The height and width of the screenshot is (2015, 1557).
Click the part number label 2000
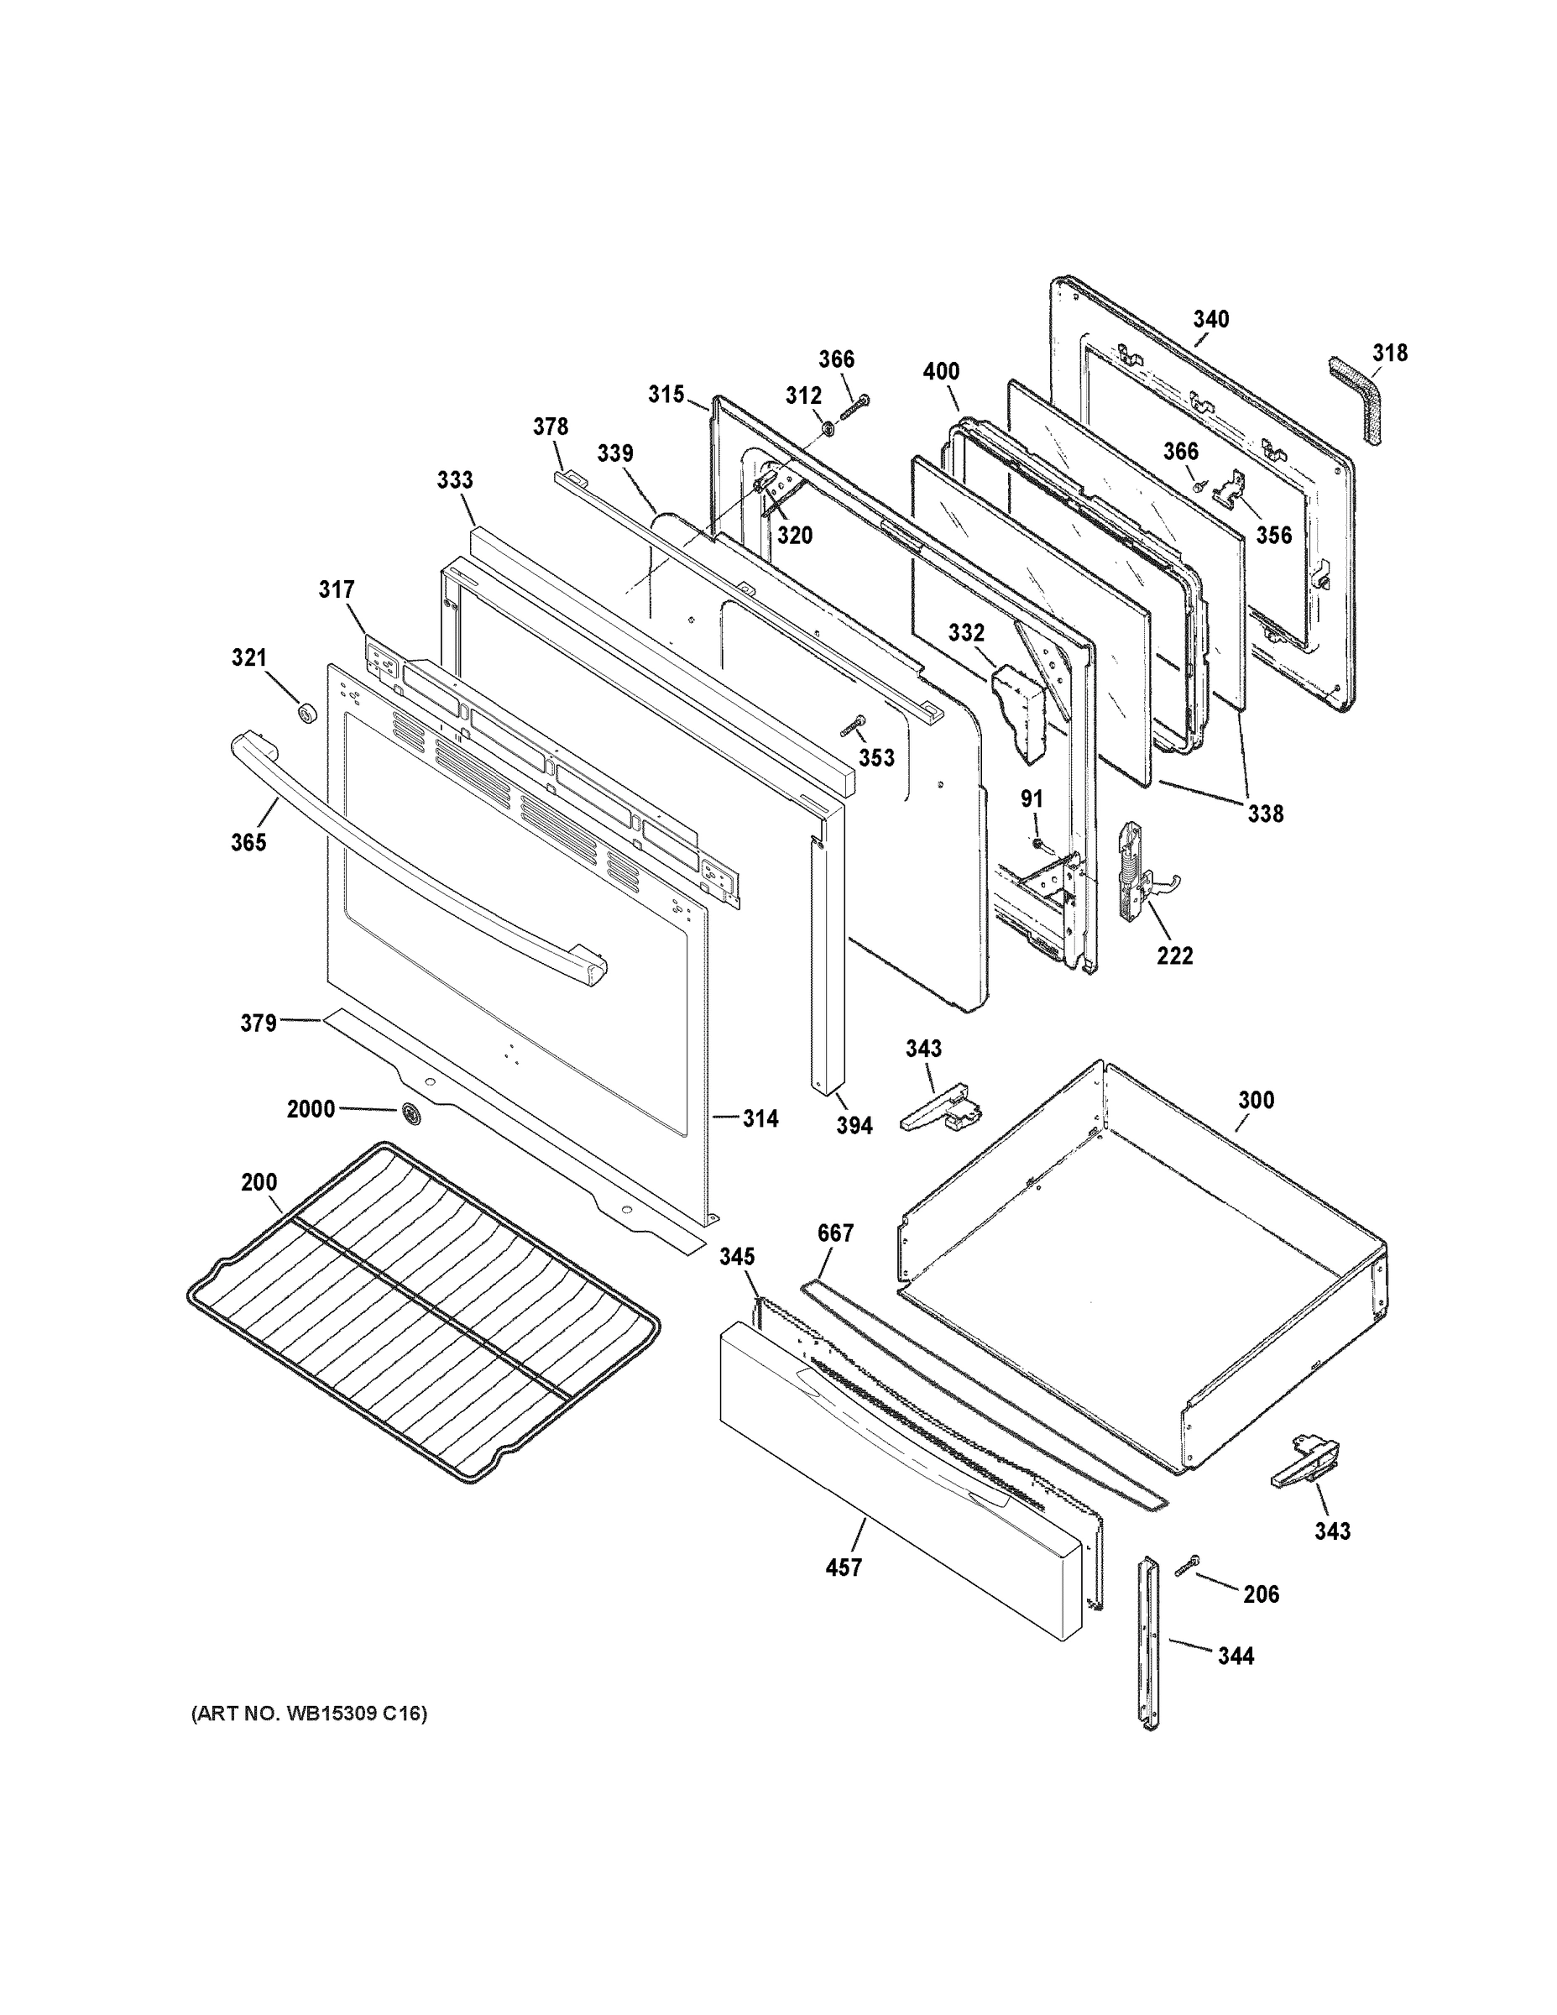[311, 1108]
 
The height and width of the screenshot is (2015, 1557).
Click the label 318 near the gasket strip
[1389, 353]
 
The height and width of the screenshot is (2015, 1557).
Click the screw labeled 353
[851, 726]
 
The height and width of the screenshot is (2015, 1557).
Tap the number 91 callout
[1032, 799]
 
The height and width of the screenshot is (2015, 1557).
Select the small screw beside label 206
[1186, 1565]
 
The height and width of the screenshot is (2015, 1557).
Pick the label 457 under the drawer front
[843, 1567]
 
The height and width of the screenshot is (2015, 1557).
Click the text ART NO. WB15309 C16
[309, 1714]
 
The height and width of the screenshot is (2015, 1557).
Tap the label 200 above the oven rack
[259, 1182]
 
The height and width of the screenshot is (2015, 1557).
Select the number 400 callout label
[941, 371]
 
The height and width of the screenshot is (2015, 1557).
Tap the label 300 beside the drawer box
[1256, 1100]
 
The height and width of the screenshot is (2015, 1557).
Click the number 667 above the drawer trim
[836, 1233]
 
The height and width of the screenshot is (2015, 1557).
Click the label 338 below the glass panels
[1265, 814]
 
